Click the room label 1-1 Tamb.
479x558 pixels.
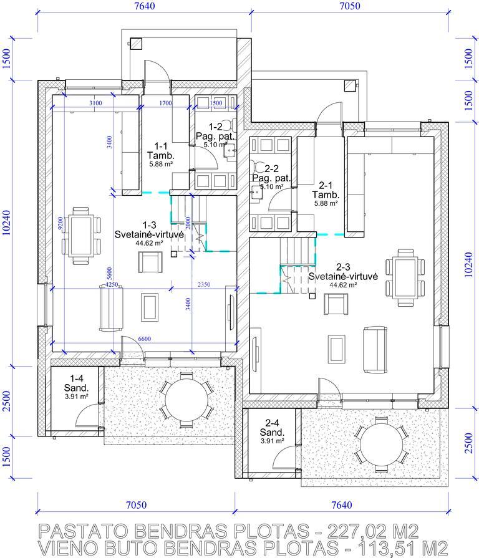point(161,151)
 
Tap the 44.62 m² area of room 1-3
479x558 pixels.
point(149,243)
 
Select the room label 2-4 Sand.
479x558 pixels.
point(272,428)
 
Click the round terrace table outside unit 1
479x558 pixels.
point(186,399)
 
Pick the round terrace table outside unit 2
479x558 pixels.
point(381,445)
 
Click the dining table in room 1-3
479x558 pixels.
point(81,236)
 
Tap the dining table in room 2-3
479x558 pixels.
point(405,277)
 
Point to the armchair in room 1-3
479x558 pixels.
point(150,262)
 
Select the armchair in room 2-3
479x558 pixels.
point(336,304)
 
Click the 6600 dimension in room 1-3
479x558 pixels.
point(144,339)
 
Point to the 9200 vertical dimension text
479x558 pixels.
point(60,224)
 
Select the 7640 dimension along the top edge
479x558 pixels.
point(145,6)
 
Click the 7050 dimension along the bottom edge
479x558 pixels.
point(136,505)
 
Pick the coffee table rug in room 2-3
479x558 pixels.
point(336,349)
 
